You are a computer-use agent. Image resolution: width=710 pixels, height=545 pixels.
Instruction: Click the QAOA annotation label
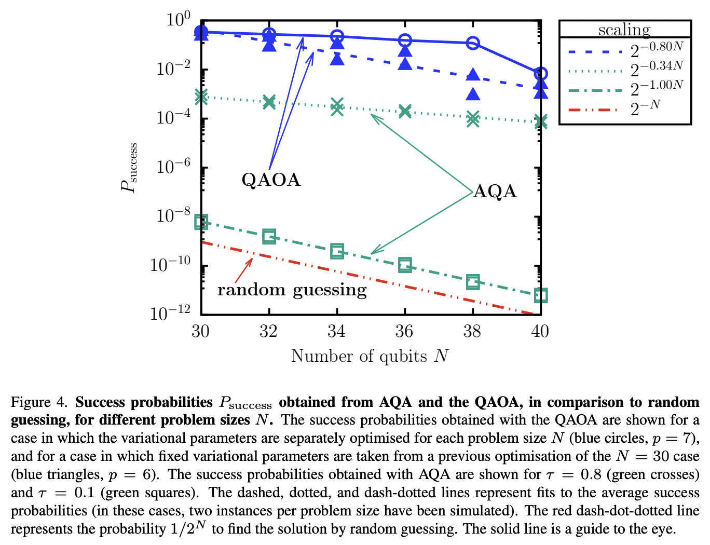(x=271, y=180)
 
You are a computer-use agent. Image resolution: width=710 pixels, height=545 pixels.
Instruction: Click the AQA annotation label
(x=495, y=192)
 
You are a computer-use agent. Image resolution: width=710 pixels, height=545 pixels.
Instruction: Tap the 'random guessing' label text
(x=292, y=290)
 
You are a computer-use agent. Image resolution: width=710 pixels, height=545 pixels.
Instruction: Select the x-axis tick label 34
(x=336, y=331)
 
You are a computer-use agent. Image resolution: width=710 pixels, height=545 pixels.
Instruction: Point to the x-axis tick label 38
(x=472, y=331)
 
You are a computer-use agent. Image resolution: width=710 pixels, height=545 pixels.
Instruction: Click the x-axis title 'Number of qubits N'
(x=370, y=356)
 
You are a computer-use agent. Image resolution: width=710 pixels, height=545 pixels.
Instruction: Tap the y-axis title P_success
(x=129, y=167)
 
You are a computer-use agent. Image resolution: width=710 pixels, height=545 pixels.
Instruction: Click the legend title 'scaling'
(x=624, y=30)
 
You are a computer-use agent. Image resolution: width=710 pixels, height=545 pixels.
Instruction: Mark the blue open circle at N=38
(x=473, y=43)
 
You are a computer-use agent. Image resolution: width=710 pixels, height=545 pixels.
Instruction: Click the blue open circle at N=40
(x=540, y=73)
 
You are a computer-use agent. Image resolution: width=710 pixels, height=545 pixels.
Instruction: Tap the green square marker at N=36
(x=405, y=265)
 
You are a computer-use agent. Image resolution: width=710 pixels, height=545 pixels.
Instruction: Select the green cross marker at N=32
(x=269, y=102)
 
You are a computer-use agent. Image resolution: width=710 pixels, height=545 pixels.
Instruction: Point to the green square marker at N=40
(x=540, y=295)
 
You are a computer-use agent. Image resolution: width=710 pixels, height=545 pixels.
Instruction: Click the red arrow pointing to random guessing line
(x=244, y=269)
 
